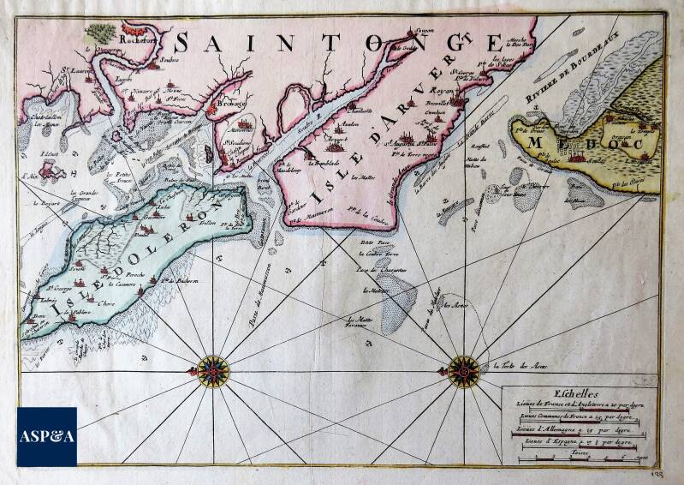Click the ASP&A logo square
[46, 436]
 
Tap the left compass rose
[212, 371]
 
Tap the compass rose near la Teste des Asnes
[463, 371]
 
